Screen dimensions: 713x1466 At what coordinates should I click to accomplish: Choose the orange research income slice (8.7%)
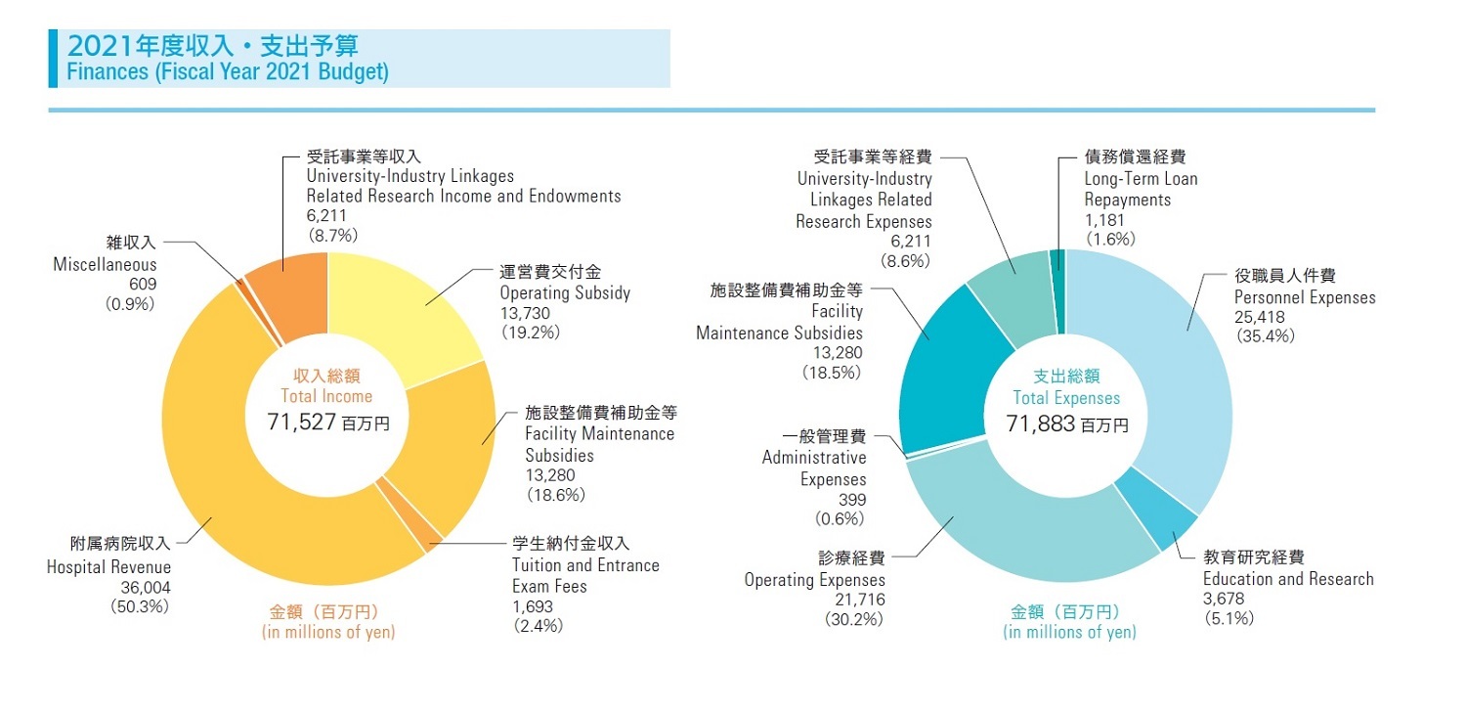click(293, 284)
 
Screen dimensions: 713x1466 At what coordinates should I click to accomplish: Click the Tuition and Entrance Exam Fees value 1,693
click(533, 607)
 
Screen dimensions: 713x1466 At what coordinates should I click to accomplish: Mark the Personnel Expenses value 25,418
click(1259, 317)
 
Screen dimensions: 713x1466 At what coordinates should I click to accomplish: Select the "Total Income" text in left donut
click(326, 396)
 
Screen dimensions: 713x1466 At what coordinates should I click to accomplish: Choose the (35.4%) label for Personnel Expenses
click(1265, 335)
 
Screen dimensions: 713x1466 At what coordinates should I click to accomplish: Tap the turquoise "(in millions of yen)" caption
click(1069, 632)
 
